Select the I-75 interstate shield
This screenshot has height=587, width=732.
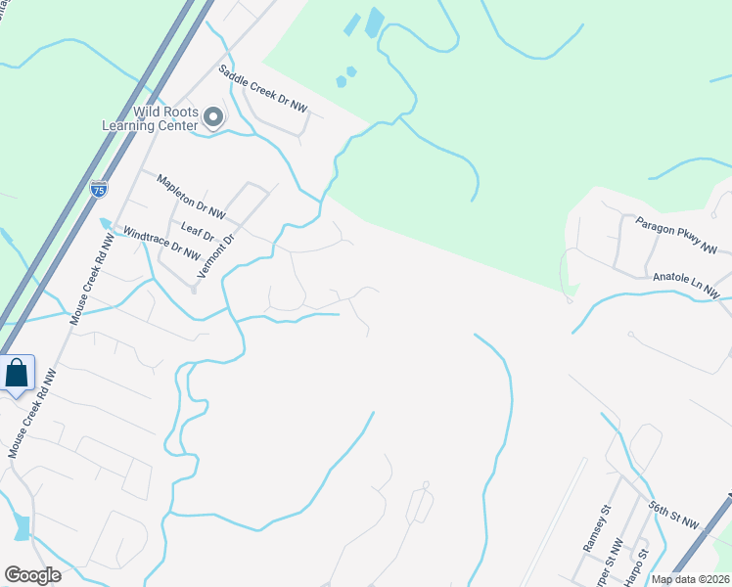pos(98,189)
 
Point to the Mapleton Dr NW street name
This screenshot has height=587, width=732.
pos(192,196)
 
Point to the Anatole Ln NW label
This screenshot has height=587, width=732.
pos(686,284)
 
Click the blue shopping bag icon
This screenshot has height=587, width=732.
pos(17,373)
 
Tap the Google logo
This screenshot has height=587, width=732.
pos(32,574)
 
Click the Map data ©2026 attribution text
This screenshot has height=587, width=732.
pos(691,579)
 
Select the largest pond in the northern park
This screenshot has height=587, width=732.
pos(374,22)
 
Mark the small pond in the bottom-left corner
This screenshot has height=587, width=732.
pos(22,526)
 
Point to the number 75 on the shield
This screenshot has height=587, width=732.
pos(98,191)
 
